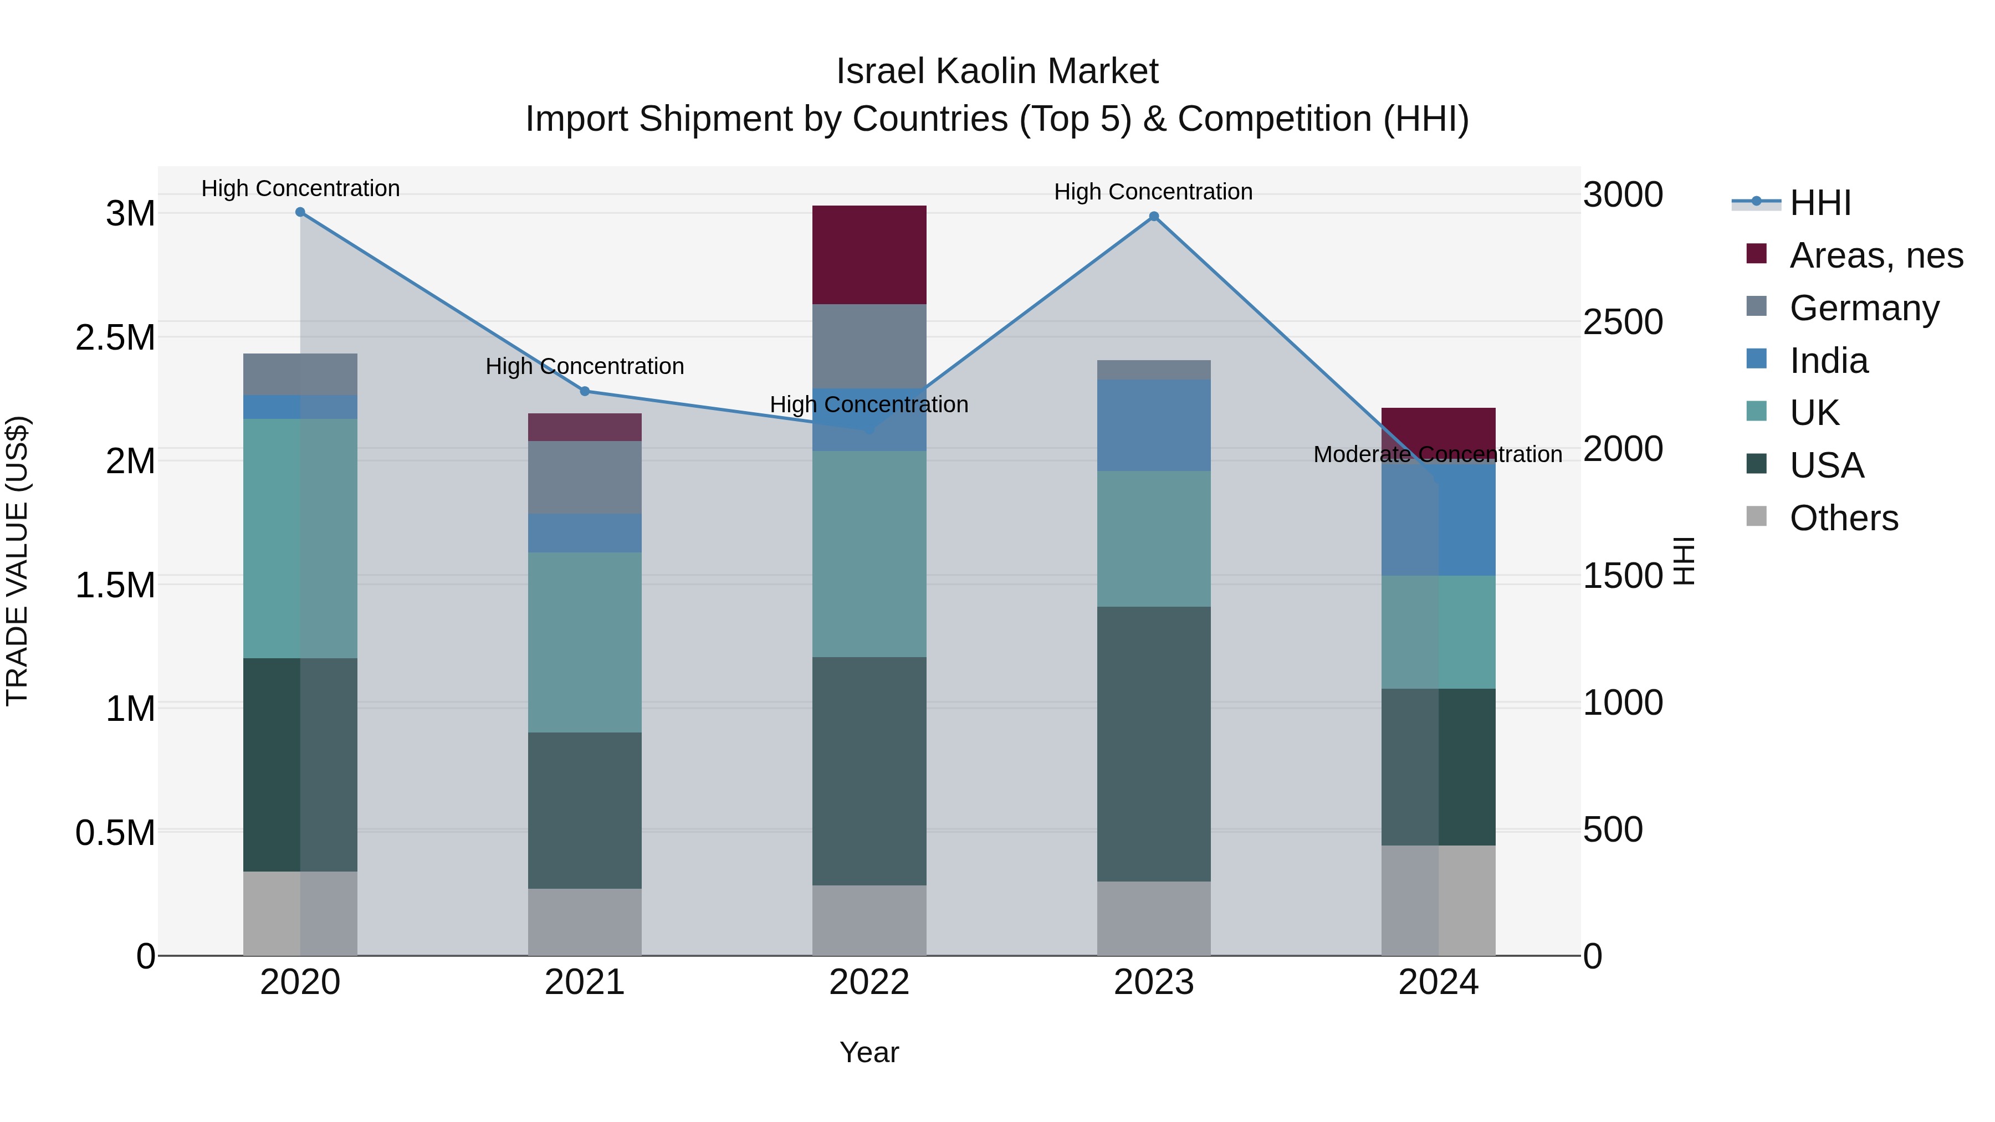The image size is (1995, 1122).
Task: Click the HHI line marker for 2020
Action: click(x=300, y=212)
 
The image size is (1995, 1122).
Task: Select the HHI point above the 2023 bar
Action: click(x=1154, y=217)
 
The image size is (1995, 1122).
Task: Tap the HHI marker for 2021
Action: click(x=585, y=391)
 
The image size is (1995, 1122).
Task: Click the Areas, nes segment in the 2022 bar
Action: click(x=869, y=255)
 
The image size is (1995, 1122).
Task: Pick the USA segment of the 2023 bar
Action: click(x=1154, y=744)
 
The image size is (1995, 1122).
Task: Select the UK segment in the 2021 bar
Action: click(x=585, y=642)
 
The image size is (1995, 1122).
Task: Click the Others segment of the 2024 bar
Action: click(x=1438, y=900)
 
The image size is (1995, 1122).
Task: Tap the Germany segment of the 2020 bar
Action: click(x=300, y=374)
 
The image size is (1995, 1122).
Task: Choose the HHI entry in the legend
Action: click(x=1820, y=203)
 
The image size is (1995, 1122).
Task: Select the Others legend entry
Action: click(x=1843, y=518)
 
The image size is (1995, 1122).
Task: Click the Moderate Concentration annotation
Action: click(x=1438, y=454)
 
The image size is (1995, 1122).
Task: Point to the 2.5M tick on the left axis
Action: click(x=115, y=337)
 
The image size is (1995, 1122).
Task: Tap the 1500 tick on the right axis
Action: click(x=1623, y=576)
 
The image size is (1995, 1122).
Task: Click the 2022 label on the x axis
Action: click(x=869, y=982)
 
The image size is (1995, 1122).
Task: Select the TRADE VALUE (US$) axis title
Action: click(x=17, y=561)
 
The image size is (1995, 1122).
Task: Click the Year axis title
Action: click(x=869, y=1052)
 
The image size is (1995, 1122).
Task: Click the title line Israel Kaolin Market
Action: click(x=997, y=71)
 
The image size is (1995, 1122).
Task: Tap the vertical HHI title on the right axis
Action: click(x=1684, y=561)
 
